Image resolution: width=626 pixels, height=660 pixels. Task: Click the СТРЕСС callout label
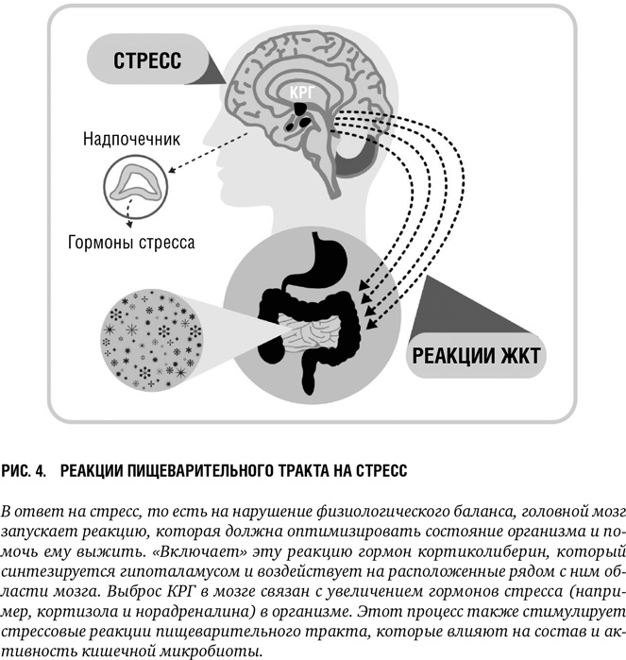tap(147, 60)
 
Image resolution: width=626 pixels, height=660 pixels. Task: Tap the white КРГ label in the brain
tap(302, 93)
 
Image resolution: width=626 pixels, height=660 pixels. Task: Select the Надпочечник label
tap(131, 139)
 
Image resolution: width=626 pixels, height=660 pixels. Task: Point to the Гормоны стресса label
tap(131, 243)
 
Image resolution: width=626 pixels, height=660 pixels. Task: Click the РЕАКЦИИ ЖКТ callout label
tap(476, 356)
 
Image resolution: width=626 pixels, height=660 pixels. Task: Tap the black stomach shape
tap(321, 263)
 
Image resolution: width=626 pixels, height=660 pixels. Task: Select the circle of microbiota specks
tap(152, 339)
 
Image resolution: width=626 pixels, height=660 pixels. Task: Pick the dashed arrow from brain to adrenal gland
tap(209, 151)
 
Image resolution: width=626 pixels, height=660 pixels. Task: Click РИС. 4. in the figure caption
tap(24, 471)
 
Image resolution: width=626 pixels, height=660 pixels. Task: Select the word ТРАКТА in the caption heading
tap(312, 471)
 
